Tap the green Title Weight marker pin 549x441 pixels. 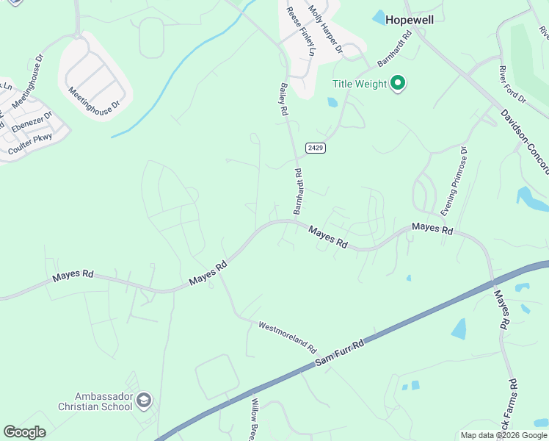coord(398,84)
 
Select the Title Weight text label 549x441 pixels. coord(360,84)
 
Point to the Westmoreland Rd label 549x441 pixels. coord(287,336)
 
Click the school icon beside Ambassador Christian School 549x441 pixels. coord(144,401)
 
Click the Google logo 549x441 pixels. coord(24,432)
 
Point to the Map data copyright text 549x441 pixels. coord(503,435)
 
